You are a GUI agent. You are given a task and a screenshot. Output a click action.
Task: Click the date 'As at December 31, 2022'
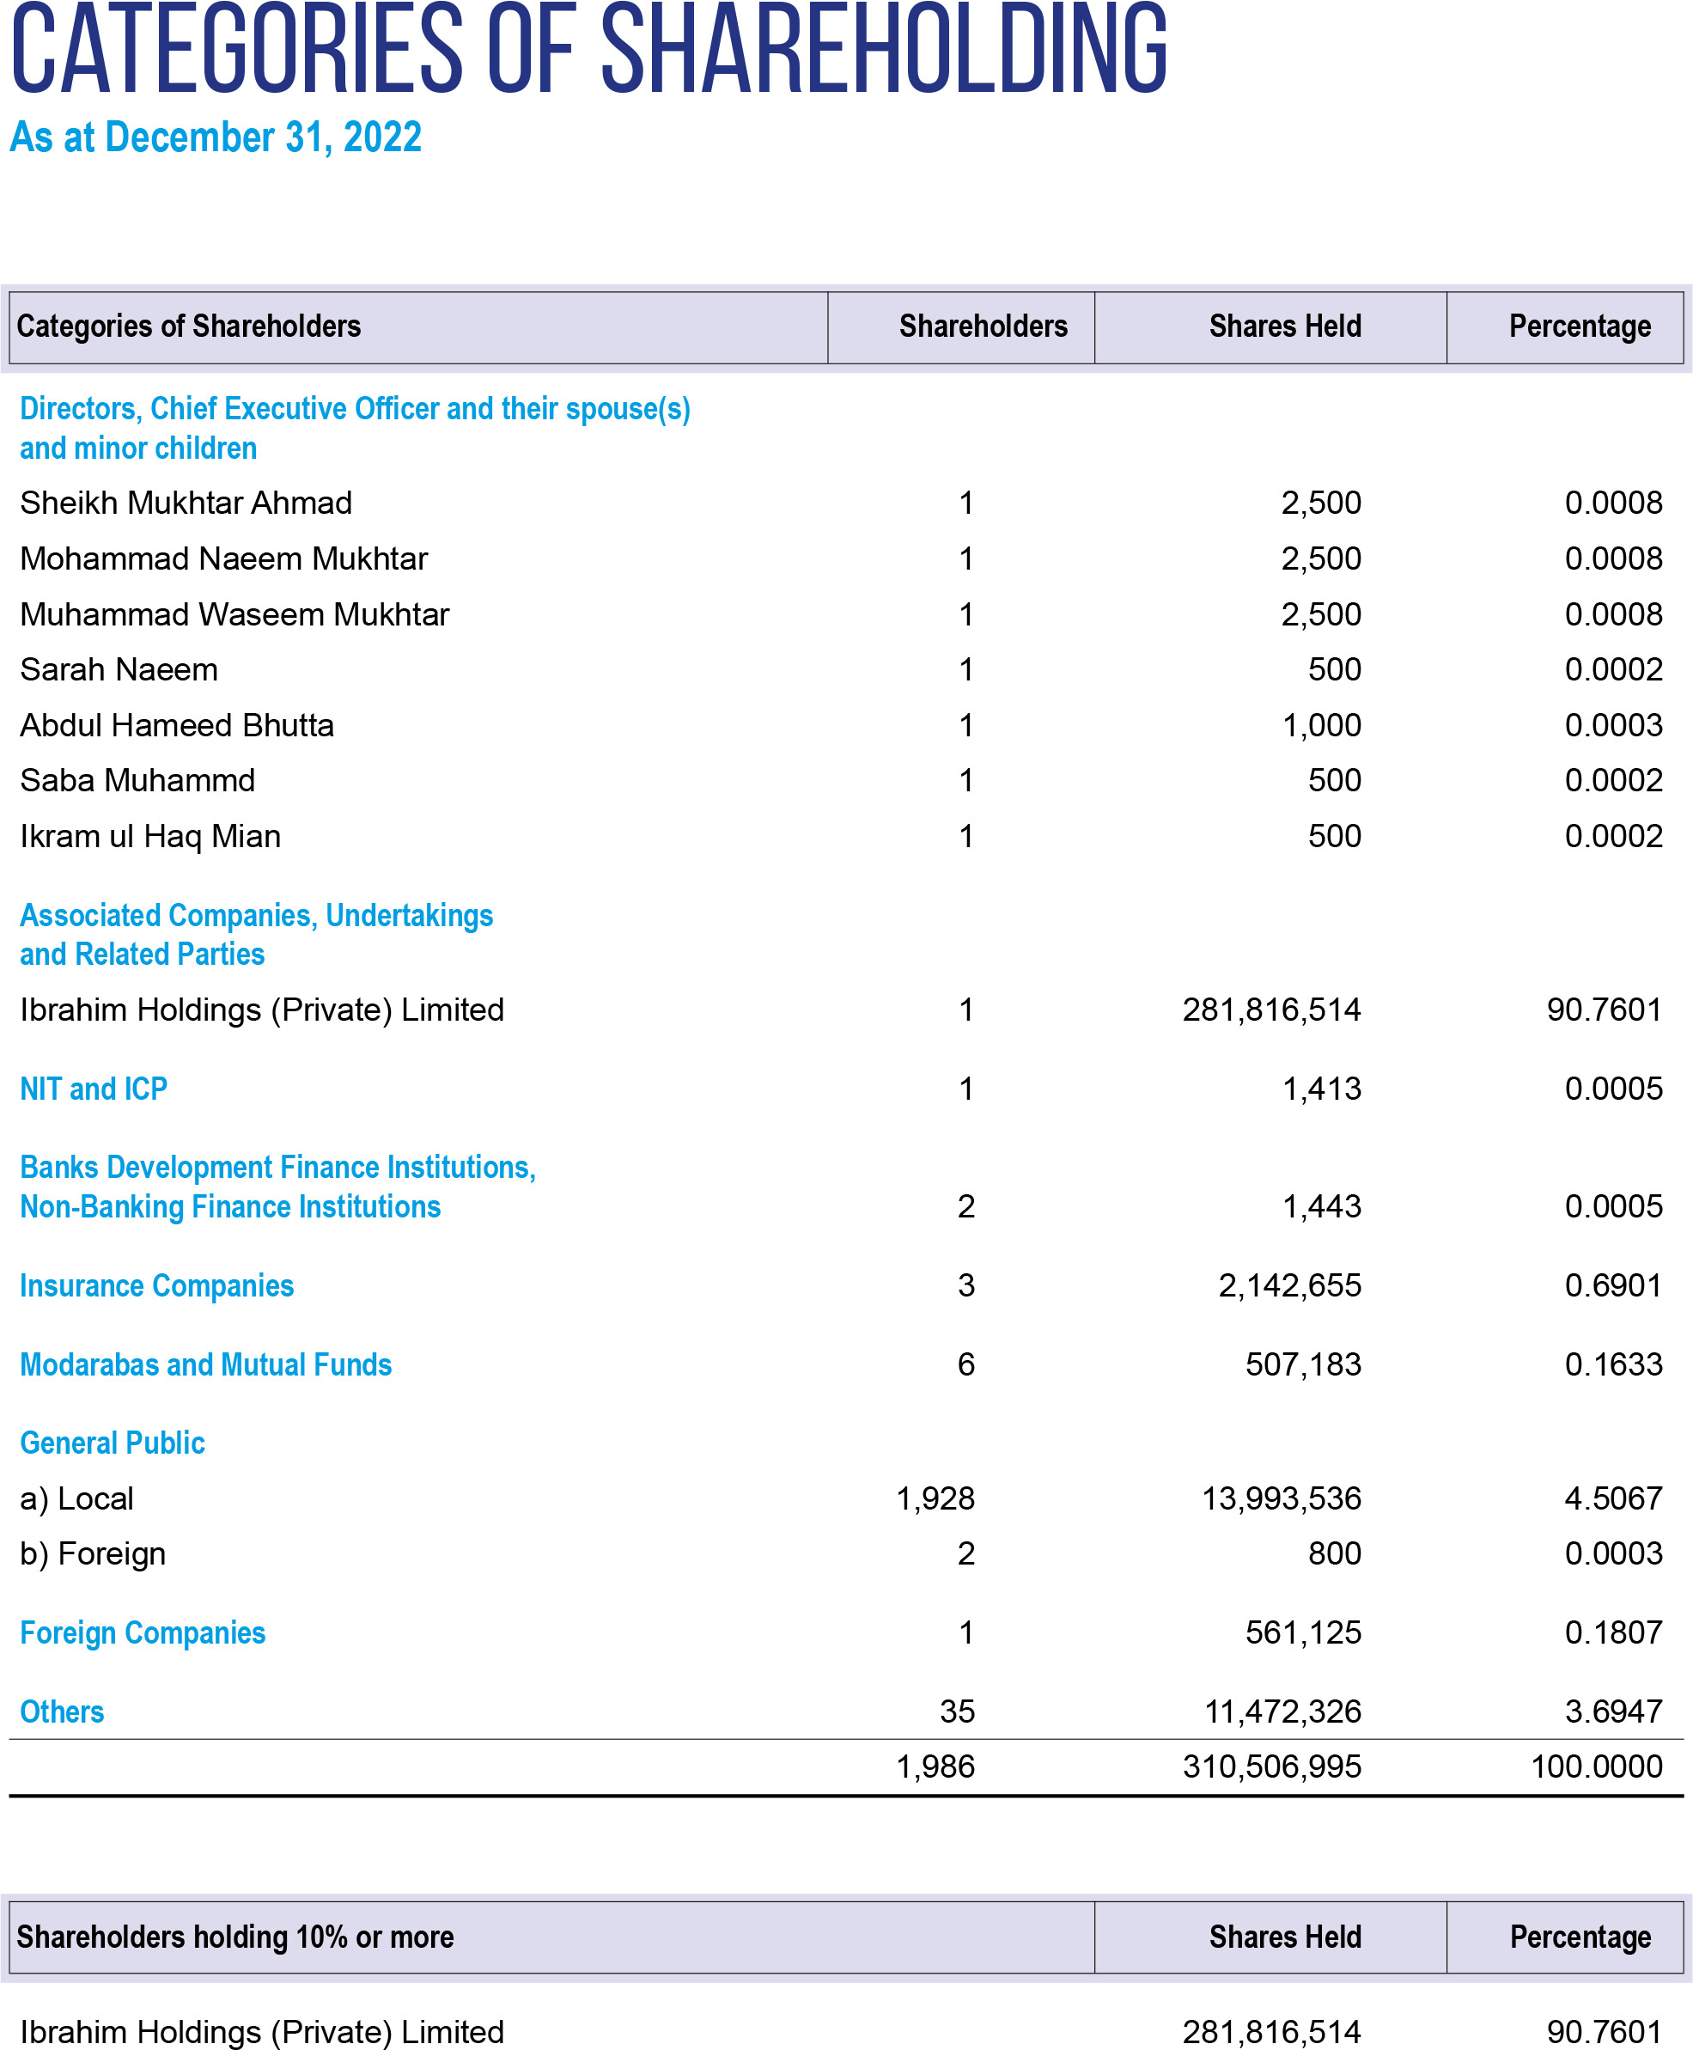(216, 137)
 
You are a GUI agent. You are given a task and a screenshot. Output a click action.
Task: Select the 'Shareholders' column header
(983, 326)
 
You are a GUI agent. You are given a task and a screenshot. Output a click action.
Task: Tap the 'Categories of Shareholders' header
(188, 326)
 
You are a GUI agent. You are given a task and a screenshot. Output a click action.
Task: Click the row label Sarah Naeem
(119, 670)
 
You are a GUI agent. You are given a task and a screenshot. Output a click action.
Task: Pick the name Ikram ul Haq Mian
(150, 837)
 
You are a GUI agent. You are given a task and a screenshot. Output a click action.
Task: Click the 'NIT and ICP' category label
(94, 1089)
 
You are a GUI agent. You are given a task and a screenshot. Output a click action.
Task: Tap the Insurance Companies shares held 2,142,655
(1289, 1285)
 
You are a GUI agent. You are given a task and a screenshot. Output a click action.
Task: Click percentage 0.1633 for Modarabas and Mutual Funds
(1614, 1364)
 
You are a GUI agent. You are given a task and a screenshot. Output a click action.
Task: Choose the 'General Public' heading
(113, 1443)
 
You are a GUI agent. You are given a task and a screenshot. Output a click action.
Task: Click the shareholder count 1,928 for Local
(935, 1499)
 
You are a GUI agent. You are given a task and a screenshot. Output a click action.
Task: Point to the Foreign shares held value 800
(1334, 1553)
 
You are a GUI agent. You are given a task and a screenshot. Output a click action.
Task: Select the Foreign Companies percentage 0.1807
(1614, 1632)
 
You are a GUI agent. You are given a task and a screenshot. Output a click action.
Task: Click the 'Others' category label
(63, 1711)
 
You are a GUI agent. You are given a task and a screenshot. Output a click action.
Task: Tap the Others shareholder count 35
(957, 1711)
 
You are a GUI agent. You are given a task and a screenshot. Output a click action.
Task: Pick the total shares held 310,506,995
(1272, 1767)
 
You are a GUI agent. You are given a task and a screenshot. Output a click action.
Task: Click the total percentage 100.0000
(1597, 1767)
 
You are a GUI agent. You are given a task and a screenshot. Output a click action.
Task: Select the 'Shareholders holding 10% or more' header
(235, 1937)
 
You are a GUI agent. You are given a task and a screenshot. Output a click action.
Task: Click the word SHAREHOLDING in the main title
(884, 49)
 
